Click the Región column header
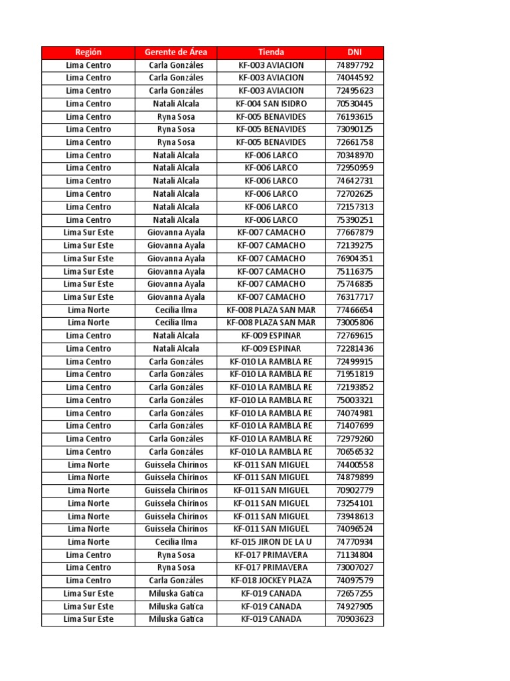tap(88, 52)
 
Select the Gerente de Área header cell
tap(176, 52)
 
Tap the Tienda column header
tap(271, 52)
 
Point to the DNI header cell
tap(355, 52)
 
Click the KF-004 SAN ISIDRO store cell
tap(271, 104)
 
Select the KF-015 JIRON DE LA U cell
tap(271, 542)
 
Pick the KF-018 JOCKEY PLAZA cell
tap(271, 581)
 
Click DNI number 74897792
tap(355, 65)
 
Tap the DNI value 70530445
tap(355, 104)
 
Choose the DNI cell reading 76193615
tap(355, 116)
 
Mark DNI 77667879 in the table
tap(355, 233)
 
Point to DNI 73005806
tap(355, 323)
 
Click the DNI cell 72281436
tap(355, 348)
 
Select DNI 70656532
tap(355, 452)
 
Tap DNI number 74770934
tap(355, 542)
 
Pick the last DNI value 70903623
tap(355, 619)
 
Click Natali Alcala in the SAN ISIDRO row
tap(176, 104)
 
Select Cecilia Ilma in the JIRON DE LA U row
tap(176, 542)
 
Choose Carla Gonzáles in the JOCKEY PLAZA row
tap(176, 581)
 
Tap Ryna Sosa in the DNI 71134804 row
tap(176, 555)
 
